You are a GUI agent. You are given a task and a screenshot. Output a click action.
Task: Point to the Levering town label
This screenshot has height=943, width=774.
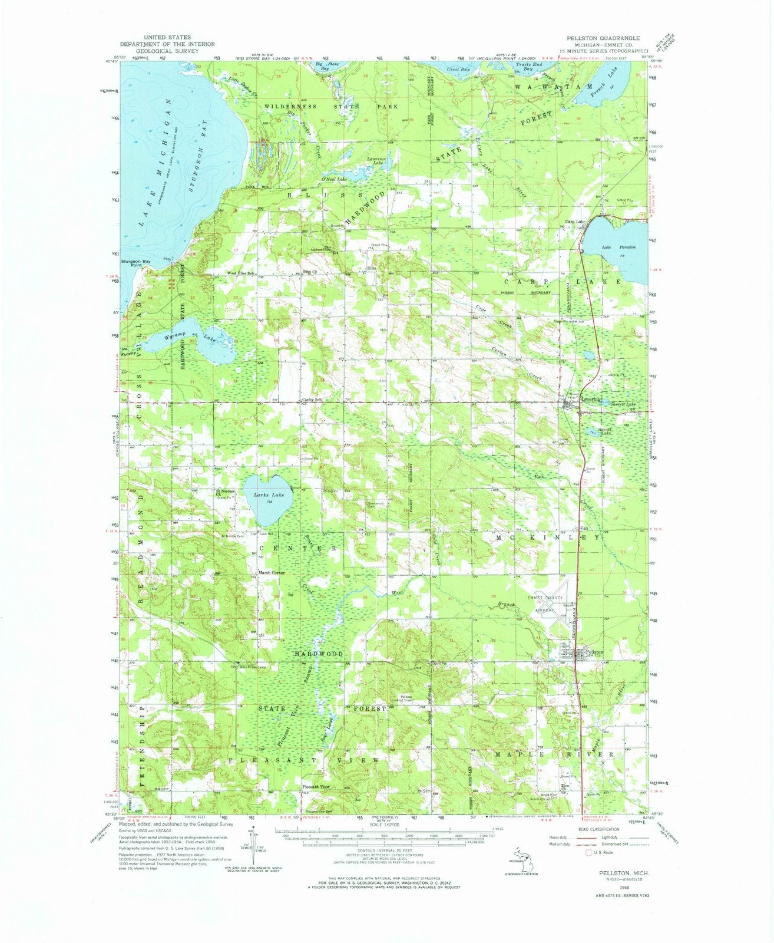[x=591, y=399]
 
